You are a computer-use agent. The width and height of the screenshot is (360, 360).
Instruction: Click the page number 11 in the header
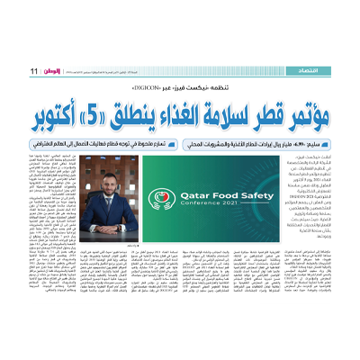(33, 71)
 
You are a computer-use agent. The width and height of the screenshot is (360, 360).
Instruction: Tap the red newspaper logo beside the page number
(49, 71)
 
